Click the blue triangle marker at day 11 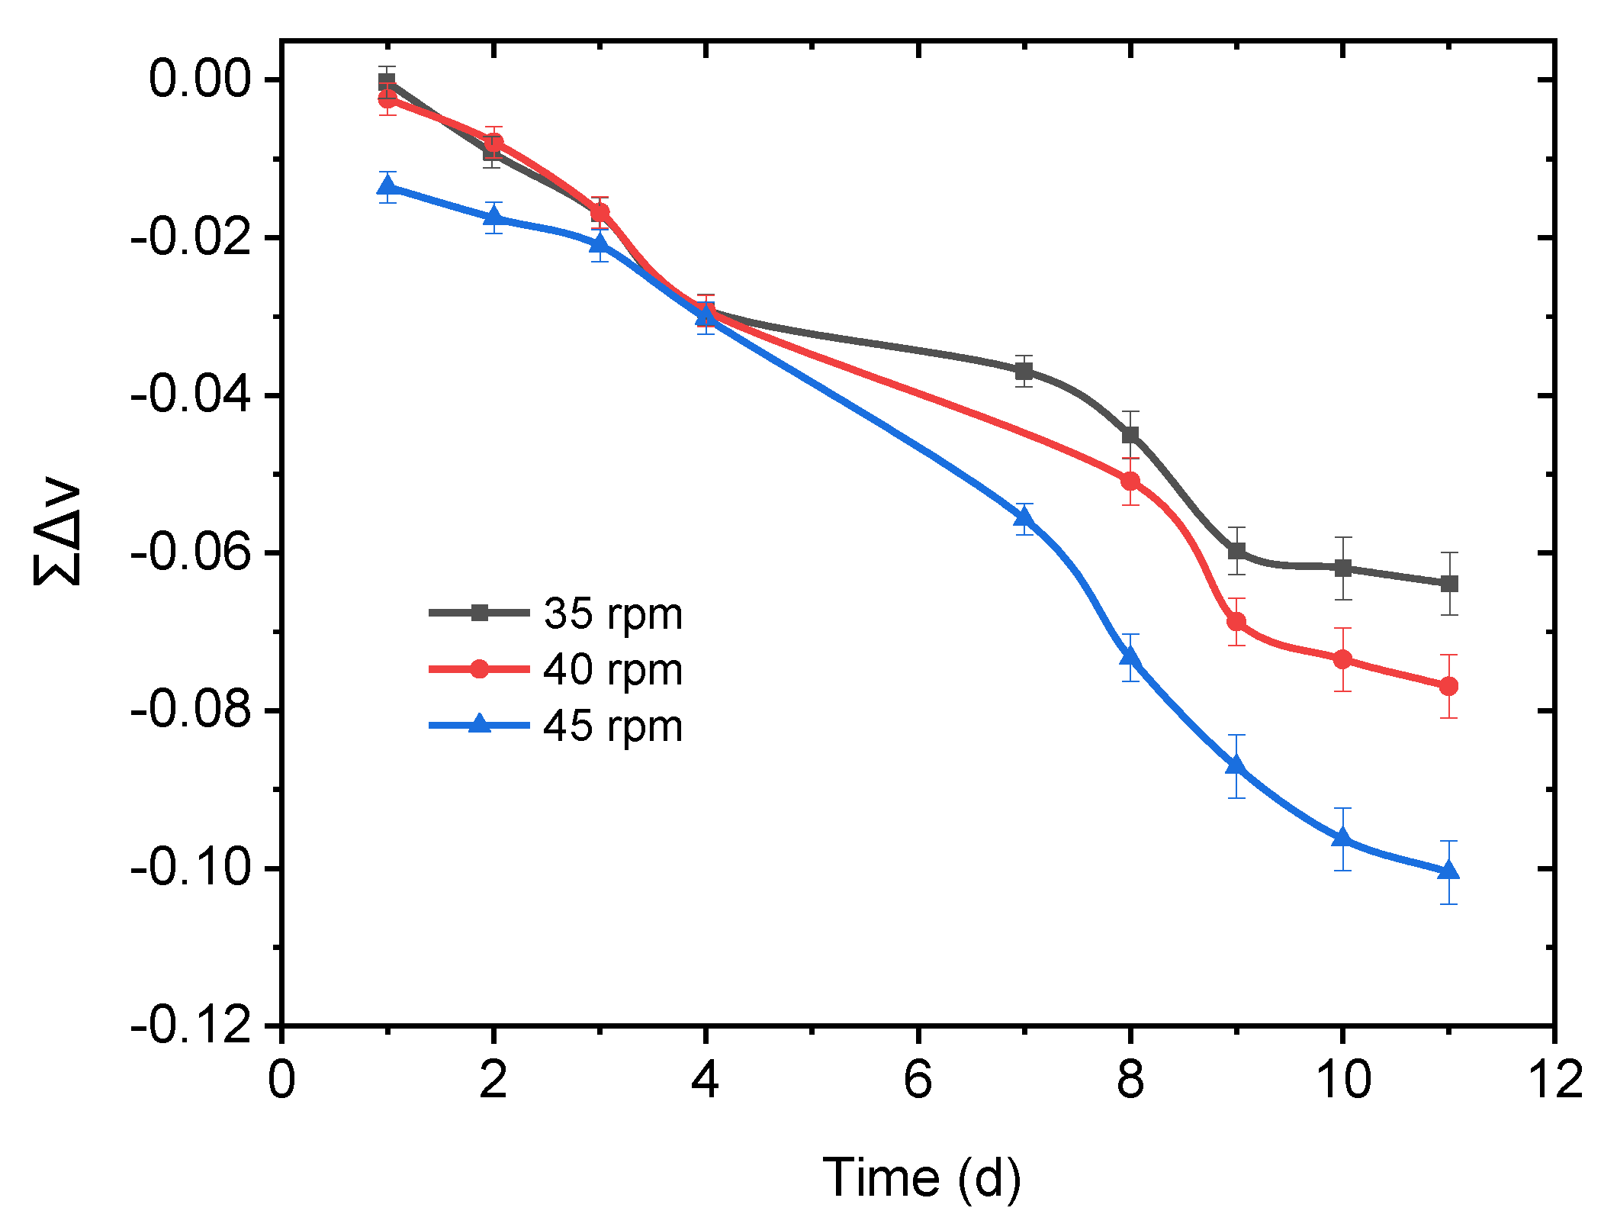tap(1448, 871)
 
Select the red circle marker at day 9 tap(1236, 622)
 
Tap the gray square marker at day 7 tap(1024, 372)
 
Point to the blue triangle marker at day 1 tap(387, 186)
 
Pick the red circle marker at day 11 tap(1448, 686)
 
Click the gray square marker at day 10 tap(1342, 568)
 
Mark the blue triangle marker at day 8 tap(1130, 657)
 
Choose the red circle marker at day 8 tap(1130, 481)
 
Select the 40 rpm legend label tap(612, 670)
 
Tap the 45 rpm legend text tap(612, 726)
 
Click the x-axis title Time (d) tap(921, 1177)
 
